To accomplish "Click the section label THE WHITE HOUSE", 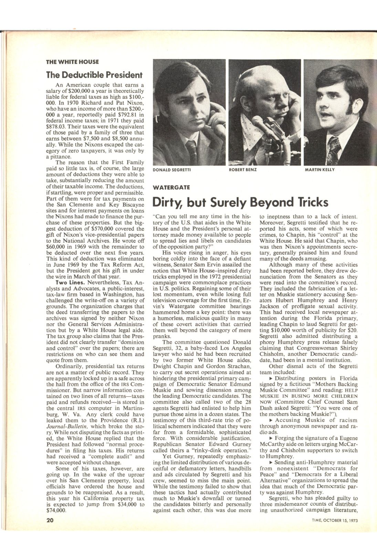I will [72, 62].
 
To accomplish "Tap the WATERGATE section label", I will [170, 188].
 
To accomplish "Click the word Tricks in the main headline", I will [311, 203].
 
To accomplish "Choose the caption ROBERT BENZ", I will [243, 170].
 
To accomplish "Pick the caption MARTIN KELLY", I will [320, 170].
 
